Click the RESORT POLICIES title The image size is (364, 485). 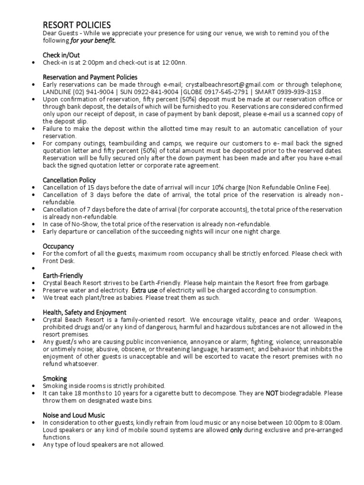tap(77, 25)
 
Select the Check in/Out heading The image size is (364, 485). tap(61, 55)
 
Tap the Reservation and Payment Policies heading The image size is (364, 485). tap(90, 77)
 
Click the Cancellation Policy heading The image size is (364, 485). tap(69, 180)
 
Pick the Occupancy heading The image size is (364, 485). tap(58, 246)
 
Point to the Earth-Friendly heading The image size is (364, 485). tap(63, 276)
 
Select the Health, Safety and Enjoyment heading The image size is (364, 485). tap(84, 312)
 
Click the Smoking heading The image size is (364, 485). tap(55, 378)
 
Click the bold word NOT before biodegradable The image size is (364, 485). tap(272, 393)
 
